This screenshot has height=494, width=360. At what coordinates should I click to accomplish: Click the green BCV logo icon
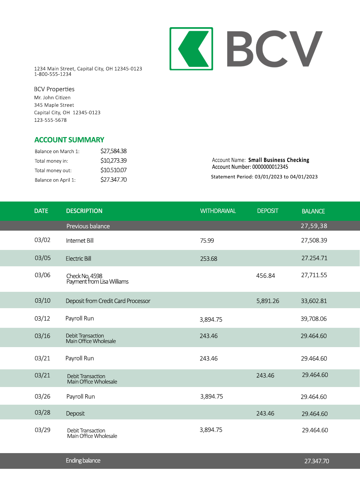[191, 49]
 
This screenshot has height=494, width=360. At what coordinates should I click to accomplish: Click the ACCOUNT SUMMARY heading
[69, 140]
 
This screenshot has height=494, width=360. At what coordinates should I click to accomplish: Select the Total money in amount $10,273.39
[113, 161]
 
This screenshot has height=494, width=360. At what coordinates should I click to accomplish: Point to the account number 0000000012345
[270, 167]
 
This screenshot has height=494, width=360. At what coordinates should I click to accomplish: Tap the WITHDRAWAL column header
[218, 211]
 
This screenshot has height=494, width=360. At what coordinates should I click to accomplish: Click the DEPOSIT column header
[267, 211]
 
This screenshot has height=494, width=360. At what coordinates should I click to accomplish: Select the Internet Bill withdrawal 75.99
[207, 241]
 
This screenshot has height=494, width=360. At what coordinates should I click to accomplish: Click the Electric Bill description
[78, 259]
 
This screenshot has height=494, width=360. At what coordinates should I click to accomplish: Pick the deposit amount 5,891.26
[267, 301]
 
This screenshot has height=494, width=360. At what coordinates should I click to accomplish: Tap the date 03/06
[43, 275]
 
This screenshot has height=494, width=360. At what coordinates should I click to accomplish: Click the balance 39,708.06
[314, 319]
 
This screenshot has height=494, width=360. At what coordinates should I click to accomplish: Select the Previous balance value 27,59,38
[314, 226]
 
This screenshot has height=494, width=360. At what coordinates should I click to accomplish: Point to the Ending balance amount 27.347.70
[316, 461]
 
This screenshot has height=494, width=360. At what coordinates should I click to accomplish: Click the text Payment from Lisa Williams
[97, 282]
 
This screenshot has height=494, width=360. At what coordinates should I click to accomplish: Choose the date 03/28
[43, 413]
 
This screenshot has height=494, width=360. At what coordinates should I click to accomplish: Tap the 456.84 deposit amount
[265, 276]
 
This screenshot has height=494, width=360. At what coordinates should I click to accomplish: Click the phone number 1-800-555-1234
[53, 74]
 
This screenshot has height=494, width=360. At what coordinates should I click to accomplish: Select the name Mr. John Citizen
[52, 97]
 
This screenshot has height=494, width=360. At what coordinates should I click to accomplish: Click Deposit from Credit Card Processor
[108, 301]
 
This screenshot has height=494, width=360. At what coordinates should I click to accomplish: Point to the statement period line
[264, 177]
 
